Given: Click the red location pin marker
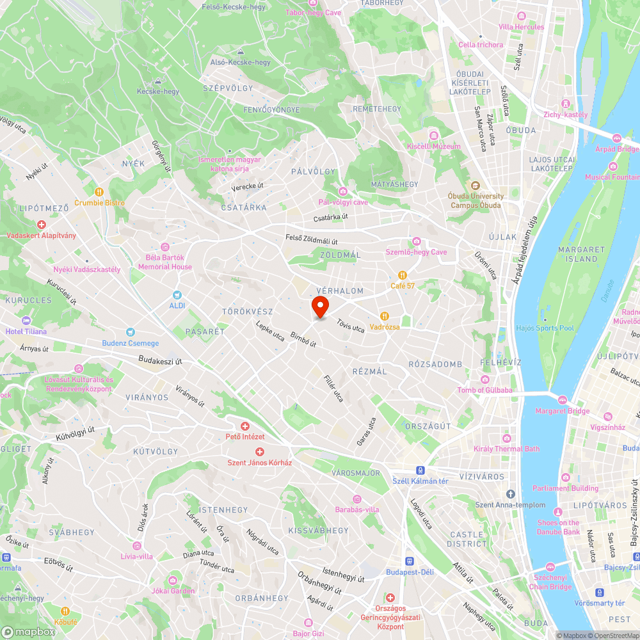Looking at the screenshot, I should pyautogui.click(x=320, y=306).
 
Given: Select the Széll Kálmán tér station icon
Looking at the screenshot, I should pyautogui.click(x=419, y=470).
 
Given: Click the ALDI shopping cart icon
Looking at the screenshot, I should pyautogui.click(x=177, y=295).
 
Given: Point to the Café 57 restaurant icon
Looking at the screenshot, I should pyautogui.click(x=403, y=275).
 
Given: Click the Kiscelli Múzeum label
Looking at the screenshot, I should pyautogui.click(x=434, y=147).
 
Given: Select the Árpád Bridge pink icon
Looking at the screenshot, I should pyautogui.click(x=617, y=138).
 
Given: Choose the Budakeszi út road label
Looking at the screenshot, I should pyautogui.click(x=161, y=361).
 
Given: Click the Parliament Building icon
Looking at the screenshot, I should pyautogui.click(x=565, y=477).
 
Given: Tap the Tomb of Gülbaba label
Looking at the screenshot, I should pyautogui.click(x=484, y=390).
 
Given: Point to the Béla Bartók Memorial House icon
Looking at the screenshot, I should pyautogui.click(x=165, y=247).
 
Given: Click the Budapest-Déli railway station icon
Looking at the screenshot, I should pyautogui.click(x=409, y=561).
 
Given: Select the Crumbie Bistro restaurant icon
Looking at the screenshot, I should pyautogui.click(x=99, y=191).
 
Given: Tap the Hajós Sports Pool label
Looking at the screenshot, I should pyautogui.click(x=545, y=328).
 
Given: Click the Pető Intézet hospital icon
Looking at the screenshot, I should pyautogui.click(x=244, y=426).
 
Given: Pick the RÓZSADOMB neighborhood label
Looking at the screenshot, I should pyautogui.click(x=435, y=364).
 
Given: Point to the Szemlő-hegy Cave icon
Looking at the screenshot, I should pyautogui.click(x=416, y=241).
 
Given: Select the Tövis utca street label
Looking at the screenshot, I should pyautogui.click(x=350, y=326).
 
